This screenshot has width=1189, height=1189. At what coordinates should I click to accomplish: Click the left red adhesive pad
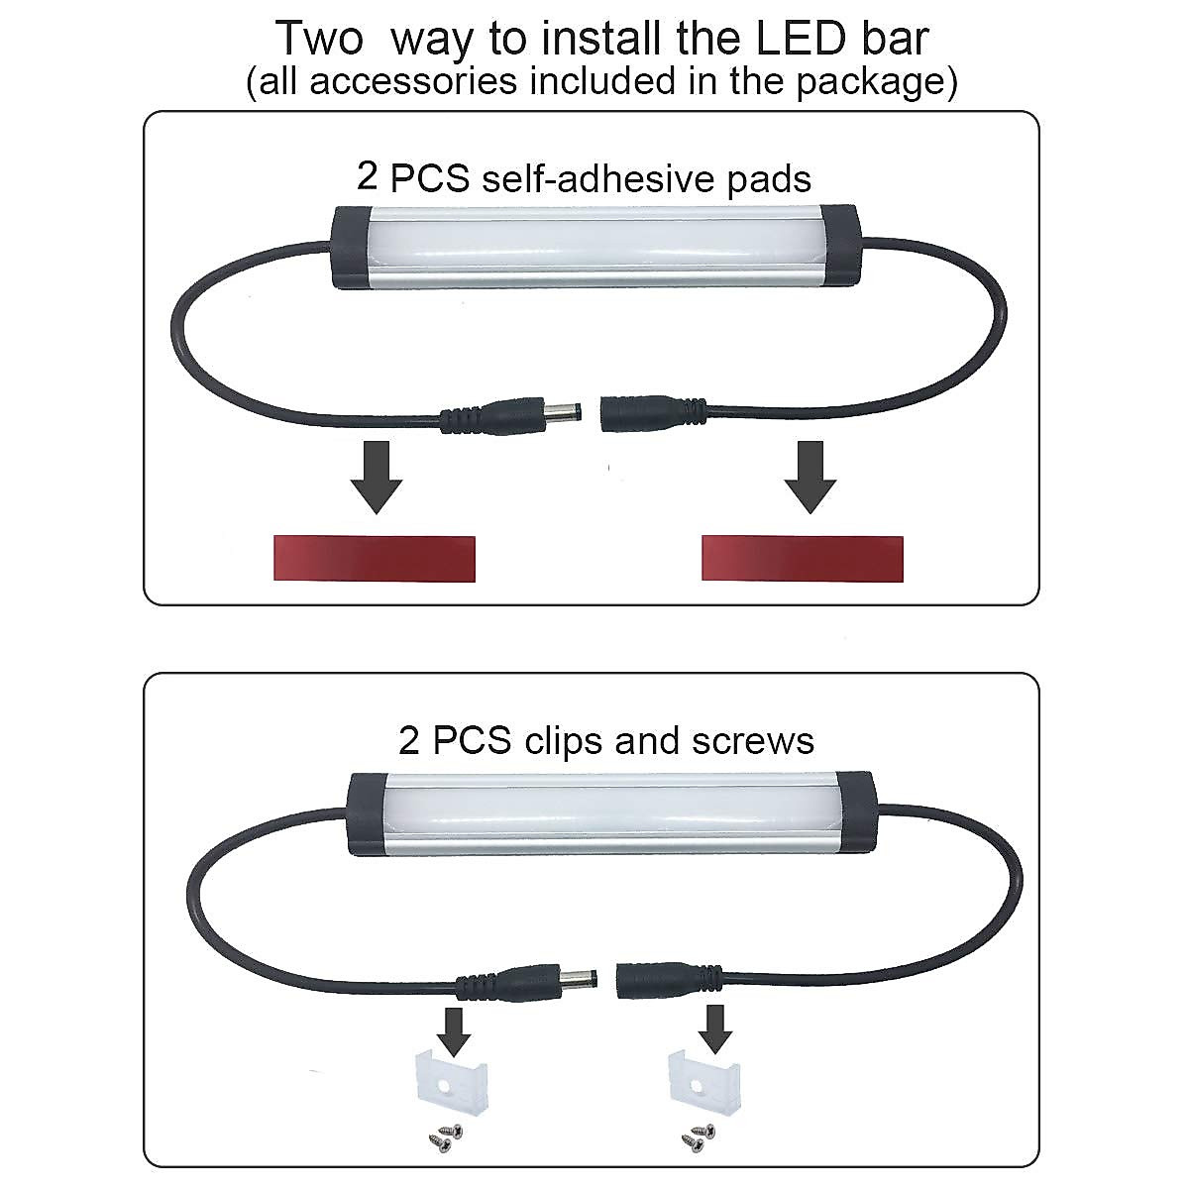click(x=374, y=558)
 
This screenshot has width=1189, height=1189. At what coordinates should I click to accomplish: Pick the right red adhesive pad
click(x=803, y=558)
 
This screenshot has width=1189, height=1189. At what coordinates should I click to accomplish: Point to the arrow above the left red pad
click(x=376, y=477)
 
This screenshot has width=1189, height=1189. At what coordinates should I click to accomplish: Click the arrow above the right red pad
click(x=810, y=477)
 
